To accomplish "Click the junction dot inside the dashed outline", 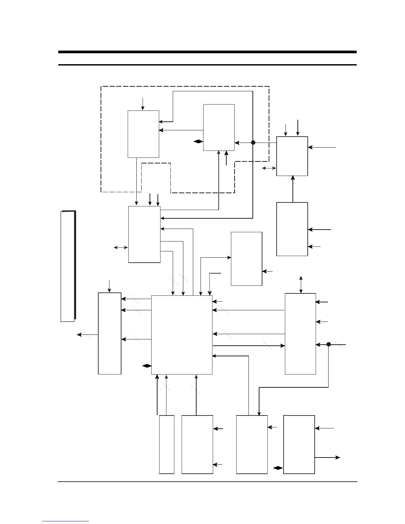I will [253, 143].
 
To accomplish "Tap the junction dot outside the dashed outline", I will [329, 344].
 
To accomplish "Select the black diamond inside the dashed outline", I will [198, 142].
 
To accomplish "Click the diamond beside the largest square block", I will [146, 366].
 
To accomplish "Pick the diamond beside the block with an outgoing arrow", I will [278, 468].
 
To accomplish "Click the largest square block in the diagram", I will [182, 335].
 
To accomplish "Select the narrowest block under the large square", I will [167, 444].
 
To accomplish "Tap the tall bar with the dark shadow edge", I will [68, 266].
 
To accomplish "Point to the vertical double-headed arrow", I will [301, 284].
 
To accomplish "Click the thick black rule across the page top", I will [207, 52].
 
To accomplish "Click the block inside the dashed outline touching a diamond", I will [219, 127].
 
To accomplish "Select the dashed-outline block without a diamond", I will [143, 134].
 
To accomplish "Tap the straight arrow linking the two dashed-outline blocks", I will [181, 130].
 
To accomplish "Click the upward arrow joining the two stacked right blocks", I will [293, 189].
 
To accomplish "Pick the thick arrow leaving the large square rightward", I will [248, 346].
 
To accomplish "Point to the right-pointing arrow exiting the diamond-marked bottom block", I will [327, 458].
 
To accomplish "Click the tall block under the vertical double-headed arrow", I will [300, 333].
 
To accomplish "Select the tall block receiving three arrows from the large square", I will [110, 333].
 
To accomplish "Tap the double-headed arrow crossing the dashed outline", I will [269, 168].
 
